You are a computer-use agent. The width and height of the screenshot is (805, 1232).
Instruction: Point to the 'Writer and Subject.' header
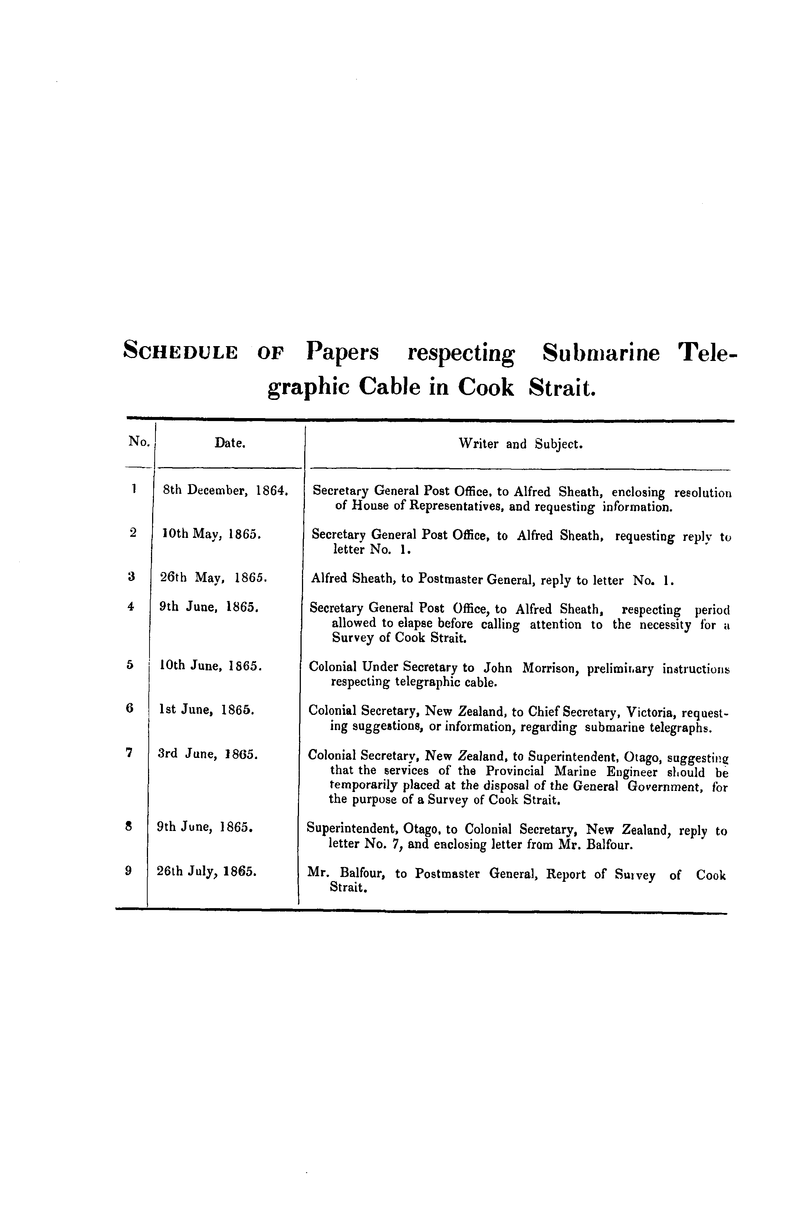520,444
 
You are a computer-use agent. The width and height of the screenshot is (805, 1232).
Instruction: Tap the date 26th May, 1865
213,578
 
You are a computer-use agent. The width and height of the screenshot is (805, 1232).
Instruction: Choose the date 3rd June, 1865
207,754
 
